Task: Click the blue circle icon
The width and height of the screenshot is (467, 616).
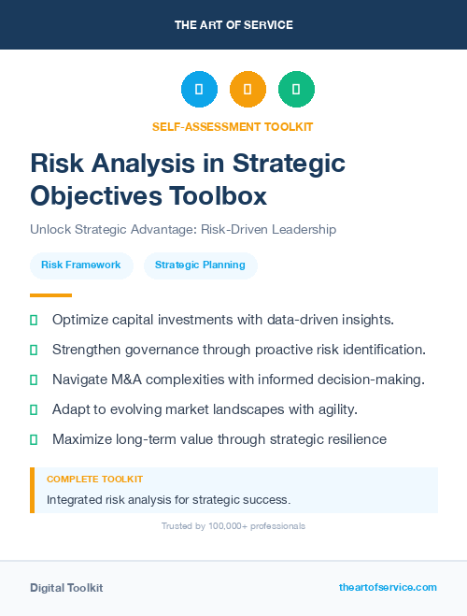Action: pyautogui.click(x=199, y=90)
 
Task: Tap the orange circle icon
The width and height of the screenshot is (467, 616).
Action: pyautogui.click(x=248, y=90)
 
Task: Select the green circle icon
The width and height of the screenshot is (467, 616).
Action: pyautogui.click(x=296, y=90)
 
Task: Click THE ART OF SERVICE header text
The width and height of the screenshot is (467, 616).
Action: pyautogui.click(x=233, y=25)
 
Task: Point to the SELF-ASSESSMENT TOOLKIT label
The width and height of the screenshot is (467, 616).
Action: pyautogui.click(x=233, y=126)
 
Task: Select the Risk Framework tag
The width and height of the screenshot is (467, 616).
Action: pyautogui.click(x=81, y=265)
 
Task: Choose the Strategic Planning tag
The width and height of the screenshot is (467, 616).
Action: pyautogui.click(x=200, y=265)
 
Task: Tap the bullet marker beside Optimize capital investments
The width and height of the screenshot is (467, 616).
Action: pyautogui.click(x=34, y=320)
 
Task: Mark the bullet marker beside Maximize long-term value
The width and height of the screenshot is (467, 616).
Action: pyautogui.click(x=34, y=439)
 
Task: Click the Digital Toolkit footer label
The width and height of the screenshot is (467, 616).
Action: pyautogui.click(x=66, y=587)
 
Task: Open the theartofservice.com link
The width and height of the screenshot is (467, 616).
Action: pyautogui.click(x=388, y=587)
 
